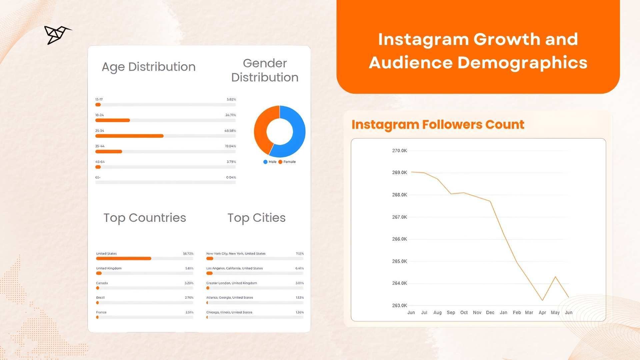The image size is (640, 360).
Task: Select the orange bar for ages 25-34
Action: (129, 136)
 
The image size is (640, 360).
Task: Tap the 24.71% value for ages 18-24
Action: (230, 115)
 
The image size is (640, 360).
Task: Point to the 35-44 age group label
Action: (100, 146)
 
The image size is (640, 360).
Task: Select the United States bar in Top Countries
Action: (123, 258)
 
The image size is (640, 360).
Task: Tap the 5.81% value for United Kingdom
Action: (189, 268)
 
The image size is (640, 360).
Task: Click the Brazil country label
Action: (100, 297)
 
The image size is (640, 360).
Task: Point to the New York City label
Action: (236, 254)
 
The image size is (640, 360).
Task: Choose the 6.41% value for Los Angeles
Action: (299, 268)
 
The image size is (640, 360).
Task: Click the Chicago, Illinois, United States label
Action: (229, 312)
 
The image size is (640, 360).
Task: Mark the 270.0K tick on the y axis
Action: (399, 151)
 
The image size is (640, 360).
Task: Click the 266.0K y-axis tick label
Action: (399, 239)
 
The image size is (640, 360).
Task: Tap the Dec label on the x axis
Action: (490, 313)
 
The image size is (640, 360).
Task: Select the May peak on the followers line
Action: (555, 277)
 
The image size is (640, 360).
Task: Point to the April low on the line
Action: (543, 300)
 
